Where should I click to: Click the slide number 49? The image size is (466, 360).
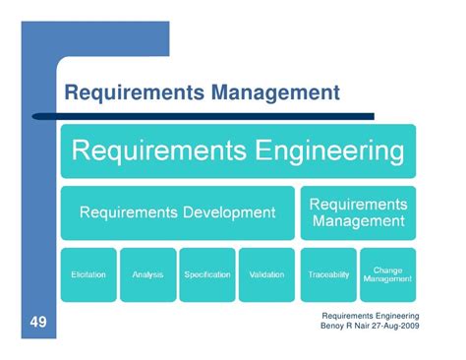click(x=33, y=323)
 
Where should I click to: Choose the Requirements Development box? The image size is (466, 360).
click(x=177, y=211)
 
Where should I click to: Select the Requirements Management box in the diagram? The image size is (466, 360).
click(x=359, y=211)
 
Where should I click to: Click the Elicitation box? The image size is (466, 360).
click(x=88, y=273)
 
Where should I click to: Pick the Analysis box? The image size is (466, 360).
click(x=147, y=273)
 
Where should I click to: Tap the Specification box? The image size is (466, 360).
click(x=206, y=273)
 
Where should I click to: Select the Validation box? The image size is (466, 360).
click(x=266, y=273)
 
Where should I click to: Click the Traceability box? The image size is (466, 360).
click(x=328, y=273)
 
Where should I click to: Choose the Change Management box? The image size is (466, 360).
click(x=387, y=273)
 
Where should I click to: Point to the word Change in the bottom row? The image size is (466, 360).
click(x=387, y=268)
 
